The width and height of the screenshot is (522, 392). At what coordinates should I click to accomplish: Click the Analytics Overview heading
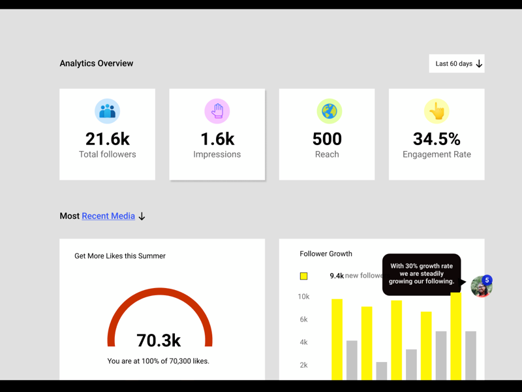click(x=97, y=63)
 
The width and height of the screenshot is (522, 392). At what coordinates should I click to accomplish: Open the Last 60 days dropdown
click(x=457, y=63)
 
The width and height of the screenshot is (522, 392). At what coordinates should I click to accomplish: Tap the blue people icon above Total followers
click(x=107, y=111)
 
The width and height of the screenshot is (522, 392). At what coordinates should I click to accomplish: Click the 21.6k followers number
click(x=107, y=139)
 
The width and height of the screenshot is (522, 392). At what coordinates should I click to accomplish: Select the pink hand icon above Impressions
click(x=217, y=111)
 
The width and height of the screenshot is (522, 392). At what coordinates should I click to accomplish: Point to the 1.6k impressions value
click(x=217, y=139)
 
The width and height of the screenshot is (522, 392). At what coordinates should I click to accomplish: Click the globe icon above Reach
click(x=330, y=111)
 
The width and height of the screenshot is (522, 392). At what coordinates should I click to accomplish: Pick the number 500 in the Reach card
click(x=327, y=139)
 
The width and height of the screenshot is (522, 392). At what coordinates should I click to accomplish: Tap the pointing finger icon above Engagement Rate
click(x=437, y=111)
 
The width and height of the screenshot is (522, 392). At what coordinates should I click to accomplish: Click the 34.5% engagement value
click(x=437, y=139)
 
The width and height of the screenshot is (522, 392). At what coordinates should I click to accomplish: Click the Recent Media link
click(x=108, y=216)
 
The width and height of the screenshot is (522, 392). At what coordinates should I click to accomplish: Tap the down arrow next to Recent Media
click(x=142, y=216)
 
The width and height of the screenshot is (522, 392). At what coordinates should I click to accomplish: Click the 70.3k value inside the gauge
click(x=159, y=340)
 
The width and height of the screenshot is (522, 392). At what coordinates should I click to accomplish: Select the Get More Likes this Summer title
click(x=120, y=256)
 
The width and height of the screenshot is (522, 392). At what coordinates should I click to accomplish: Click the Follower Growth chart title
click(x=326, y=253)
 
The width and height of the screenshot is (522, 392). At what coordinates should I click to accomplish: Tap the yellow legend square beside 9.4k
click(x=303, y=276)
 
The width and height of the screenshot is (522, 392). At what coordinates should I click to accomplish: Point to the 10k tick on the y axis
click(x=303, y=297)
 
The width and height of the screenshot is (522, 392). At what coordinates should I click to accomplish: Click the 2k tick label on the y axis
click(x=303, y=365)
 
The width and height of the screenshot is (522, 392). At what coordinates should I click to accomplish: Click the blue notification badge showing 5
click(x=487, y=280)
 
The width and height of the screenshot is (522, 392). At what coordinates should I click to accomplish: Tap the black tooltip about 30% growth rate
click(x=422, y=274)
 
